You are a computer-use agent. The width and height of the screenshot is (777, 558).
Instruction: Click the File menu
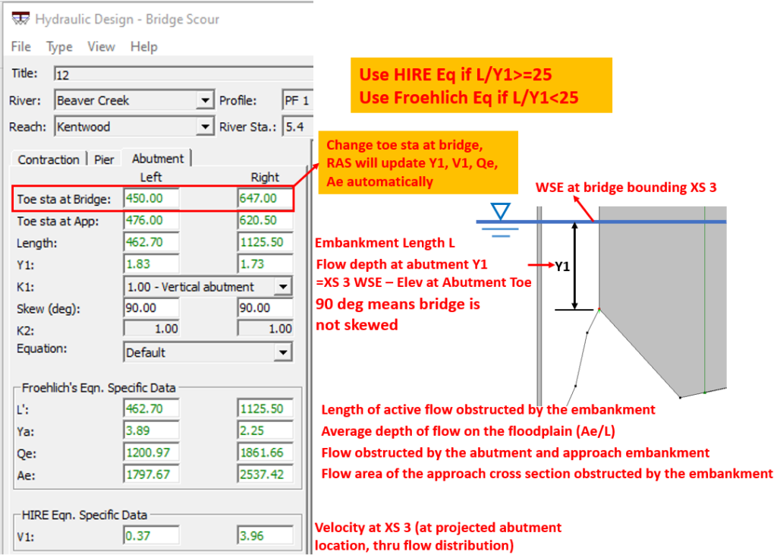click(x=20, y=46)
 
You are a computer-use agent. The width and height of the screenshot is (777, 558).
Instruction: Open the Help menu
click(x=143, y=46)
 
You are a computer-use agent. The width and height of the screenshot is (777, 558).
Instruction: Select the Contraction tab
click(x=49, y=159)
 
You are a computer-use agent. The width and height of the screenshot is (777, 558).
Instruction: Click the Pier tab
click(x=104, y=159)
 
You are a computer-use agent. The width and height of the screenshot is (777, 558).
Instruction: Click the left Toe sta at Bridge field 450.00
click(x=151, y=199)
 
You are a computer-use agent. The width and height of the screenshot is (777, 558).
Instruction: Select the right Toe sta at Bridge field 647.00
click(x=265, y=199)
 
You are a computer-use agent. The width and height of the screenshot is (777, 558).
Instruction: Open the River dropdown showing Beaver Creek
click(x=204, y=100)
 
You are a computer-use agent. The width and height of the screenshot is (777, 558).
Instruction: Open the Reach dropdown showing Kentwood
click(x=204, y=127)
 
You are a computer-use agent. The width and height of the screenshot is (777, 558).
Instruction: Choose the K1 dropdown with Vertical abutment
click(x=282, y=286)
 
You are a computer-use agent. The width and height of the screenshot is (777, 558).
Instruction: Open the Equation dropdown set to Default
click(x=282, y=352)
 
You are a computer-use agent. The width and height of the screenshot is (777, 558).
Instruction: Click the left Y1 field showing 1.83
click(x=151, y=264)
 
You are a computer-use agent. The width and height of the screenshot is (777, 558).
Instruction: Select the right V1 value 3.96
click(x=265, y=536)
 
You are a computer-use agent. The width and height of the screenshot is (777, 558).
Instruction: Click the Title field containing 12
click(x=182, y=74)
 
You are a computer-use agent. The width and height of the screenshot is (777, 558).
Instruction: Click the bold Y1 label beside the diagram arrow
click(x=562, y=266)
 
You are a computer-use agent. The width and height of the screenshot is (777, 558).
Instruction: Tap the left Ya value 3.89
click(x=151, y=430)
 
